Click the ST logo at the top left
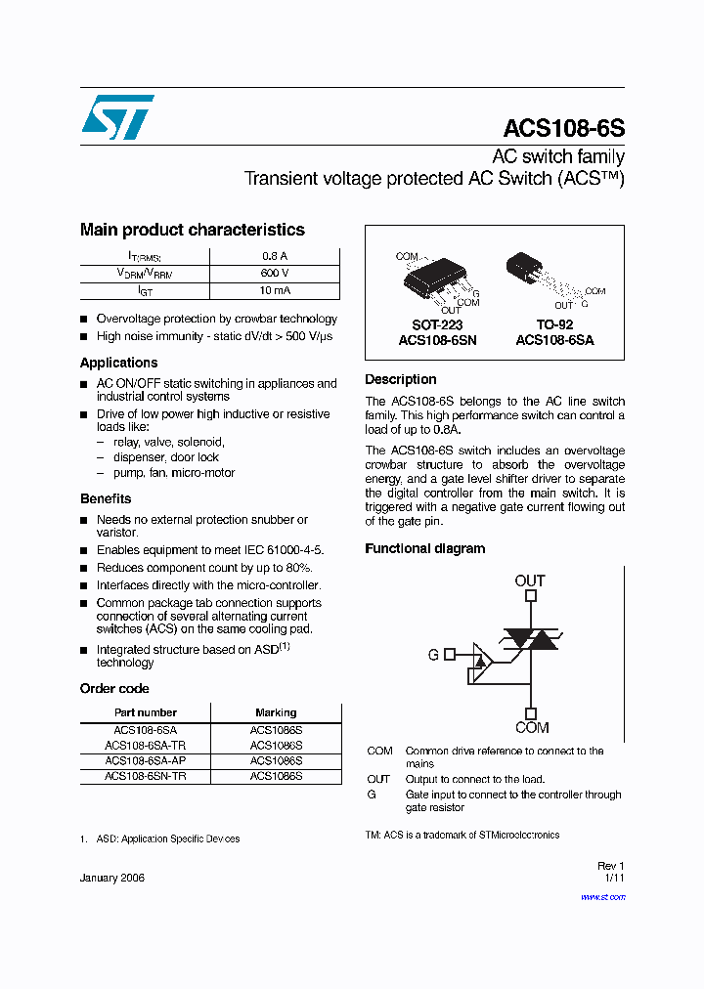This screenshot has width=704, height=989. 117,118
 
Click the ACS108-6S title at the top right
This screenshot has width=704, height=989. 563,129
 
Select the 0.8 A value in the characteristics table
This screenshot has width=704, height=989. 275,256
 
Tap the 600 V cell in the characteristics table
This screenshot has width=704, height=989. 275,274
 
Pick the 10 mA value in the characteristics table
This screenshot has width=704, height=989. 275,291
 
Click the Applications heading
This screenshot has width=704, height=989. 118,363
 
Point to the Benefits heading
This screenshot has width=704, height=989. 106,498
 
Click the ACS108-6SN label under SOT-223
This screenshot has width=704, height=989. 437,341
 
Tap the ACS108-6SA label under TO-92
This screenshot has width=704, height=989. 554,341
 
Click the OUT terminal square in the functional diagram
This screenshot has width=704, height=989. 530,595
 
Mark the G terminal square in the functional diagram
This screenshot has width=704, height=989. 450,655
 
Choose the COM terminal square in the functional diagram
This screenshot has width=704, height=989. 530,713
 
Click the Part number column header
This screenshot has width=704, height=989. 146,712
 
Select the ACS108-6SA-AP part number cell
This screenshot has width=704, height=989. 146,760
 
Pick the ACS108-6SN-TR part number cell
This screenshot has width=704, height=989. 146,776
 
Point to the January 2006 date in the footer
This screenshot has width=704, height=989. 112,879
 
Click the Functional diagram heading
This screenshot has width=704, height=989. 424,549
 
